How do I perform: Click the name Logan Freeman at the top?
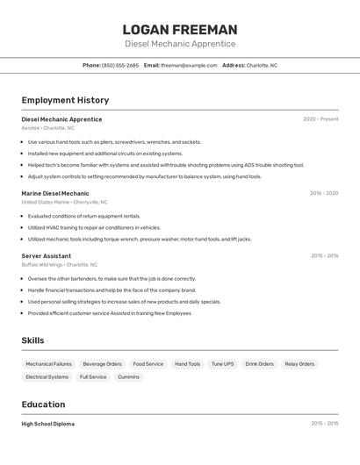180,29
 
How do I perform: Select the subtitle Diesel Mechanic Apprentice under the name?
180,44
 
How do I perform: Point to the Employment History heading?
65,100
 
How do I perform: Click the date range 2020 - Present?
320,119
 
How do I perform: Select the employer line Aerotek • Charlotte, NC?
48,128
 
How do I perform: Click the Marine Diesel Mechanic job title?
55,193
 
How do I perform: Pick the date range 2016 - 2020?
323,193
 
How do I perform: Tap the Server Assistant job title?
47,256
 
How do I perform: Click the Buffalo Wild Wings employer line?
60,264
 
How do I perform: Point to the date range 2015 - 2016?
324,256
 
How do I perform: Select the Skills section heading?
32,340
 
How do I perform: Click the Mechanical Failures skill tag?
49,364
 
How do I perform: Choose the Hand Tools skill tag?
187,364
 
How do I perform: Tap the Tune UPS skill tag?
223,364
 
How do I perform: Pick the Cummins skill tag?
128,377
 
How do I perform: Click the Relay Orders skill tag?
299,364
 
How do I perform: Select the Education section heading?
43,404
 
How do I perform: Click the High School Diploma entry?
48,424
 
